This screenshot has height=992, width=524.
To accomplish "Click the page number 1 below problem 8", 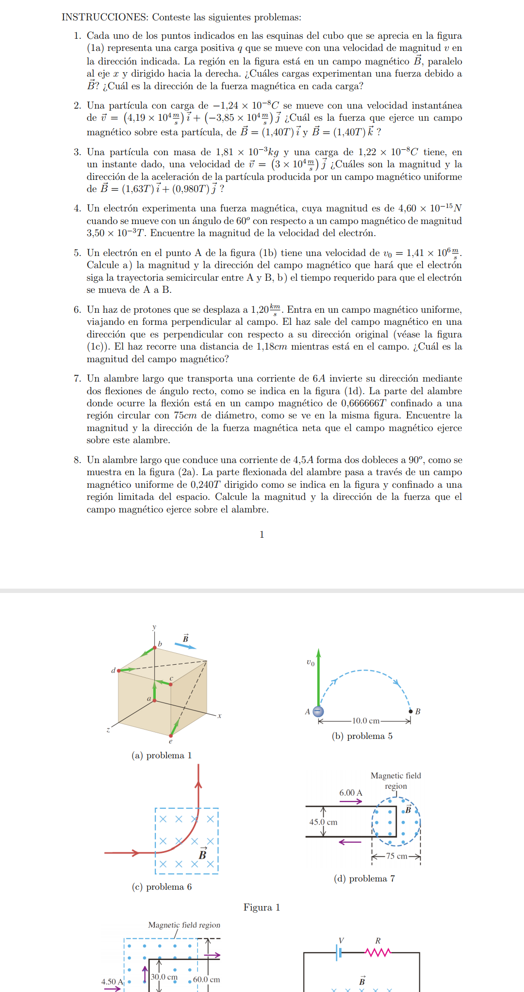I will tap(262, 534).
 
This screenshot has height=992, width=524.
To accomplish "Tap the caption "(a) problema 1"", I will tap(162, 755).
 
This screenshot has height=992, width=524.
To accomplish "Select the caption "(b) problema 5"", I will tap(362, 736).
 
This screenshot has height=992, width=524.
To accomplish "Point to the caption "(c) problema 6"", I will tap(162, 887).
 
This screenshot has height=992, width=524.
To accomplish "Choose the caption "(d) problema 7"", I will tap(364, 879).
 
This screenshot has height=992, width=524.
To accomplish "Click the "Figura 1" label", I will tap(262, 908).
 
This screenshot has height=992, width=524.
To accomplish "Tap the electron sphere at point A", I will tap(318, 712).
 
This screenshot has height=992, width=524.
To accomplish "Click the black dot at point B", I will tap(410, 711).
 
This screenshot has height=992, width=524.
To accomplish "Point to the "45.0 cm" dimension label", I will tap(324, 822).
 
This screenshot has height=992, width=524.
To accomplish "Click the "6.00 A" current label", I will tap(351, 793).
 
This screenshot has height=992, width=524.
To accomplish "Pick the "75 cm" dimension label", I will tap(397, 856).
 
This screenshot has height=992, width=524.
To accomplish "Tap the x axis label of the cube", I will tap(219, 716).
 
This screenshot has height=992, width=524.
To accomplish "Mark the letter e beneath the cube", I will tap(171, 741).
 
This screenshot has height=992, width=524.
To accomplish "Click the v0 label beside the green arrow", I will tap(311, 662).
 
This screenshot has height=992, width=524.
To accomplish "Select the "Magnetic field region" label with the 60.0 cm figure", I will tap(184, 925).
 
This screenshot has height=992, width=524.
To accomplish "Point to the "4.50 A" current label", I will tap(112, 982).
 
